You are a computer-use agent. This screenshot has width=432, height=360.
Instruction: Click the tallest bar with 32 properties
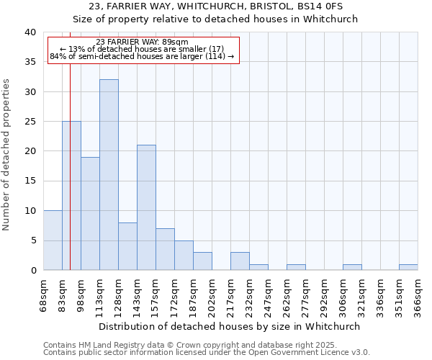(x=109, y=175)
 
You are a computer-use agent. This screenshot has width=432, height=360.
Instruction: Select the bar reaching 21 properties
(x=146, y=207)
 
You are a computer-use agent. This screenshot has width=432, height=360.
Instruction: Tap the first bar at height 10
(x=53, y=240)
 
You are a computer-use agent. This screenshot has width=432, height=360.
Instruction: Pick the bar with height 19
(x=90, y=214)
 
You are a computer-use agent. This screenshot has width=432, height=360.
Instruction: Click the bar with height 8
(x=127, y=246)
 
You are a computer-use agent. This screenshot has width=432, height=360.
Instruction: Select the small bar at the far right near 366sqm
(x=408, y=267)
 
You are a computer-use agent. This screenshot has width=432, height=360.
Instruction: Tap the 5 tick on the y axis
(x=33, y=240)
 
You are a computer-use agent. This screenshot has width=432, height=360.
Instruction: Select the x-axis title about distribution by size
(x=230, y=326)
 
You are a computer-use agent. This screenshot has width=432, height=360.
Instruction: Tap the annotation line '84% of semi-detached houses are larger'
(x=142, y=56)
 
